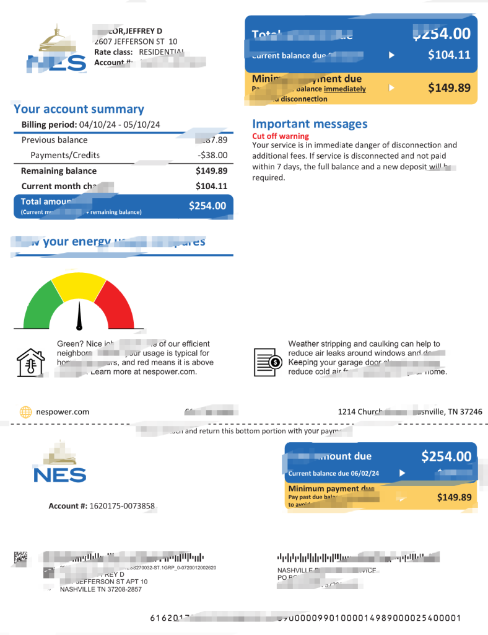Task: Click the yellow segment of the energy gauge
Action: pyautogui.click(x=78, y=286)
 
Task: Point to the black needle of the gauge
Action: pyautogui.click(x=79, y=316)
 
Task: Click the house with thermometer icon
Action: pyautogui.click(x=30, y=363)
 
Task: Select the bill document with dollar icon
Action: pyautogui.click(x=268, y=362)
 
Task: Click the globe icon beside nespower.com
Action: pyautogui.click(x=26, y=411)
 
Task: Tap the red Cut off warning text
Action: pyautogui.click(x=281, y=136)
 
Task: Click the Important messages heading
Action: pyautogui.click(x=310, y=123)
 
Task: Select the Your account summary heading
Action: pyautogui.click(x=79, y=109)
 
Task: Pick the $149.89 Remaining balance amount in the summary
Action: pyautogui.click(x=211, y=171)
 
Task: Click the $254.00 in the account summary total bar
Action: pyautogui.click(x=207, y=206)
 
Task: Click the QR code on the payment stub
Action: pyautogui.click(x=20, y=557)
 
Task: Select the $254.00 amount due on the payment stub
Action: pyautogui.click(x=446, y=456)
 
